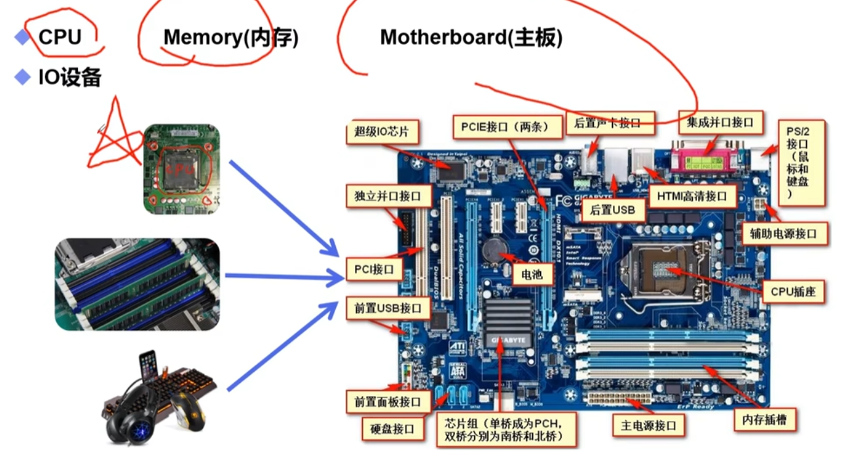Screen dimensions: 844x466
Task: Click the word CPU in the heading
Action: coord(60,37)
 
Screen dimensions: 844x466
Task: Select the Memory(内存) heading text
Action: coord(230,37)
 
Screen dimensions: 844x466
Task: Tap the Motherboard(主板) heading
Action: coord(471,37)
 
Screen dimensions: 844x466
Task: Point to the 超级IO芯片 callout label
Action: coord(382,132)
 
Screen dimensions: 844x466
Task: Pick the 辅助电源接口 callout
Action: coord(784,233)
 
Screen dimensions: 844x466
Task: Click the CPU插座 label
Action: coord(793,291)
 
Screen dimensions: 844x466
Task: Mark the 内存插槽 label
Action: coord(764,420)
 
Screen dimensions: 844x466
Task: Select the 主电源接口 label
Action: coord(648,426)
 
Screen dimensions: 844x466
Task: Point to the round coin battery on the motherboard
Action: coord(492,249)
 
